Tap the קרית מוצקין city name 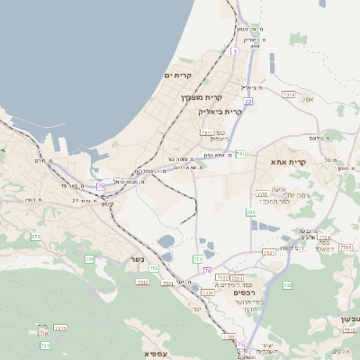coord(201,96)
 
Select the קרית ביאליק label coord(220,112)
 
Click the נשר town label coord(125,258)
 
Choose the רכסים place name coord(244,292)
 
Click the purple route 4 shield coord(234,51)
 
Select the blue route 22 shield coord(247,103)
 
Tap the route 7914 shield coord(289,94)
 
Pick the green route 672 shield coord(36,237)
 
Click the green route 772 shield coord(198,259)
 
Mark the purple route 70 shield coord(208,270)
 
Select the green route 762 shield coord(287,285)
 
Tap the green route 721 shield coord(45,345)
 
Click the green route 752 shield coord(154,268)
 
